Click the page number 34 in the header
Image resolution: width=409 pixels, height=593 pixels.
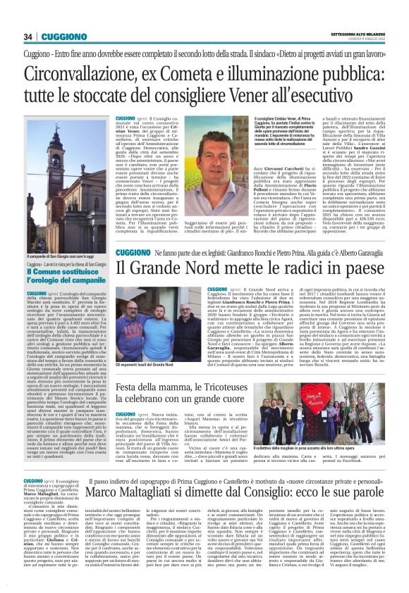point(28,37)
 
